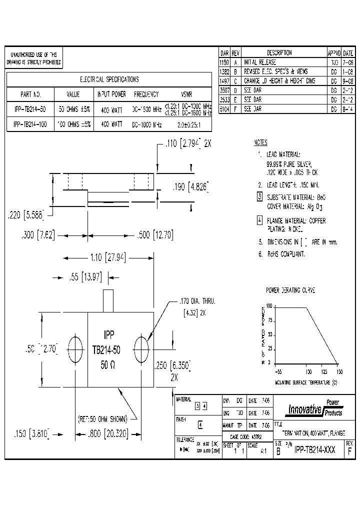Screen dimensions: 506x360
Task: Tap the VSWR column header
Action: (186, 94)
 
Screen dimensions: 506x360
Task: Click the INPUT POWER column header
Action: (111, 94)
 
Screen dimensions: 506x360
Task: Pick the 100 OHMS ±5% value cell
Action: (73, 124)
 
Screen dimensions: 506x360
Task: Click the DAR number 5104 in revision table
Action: (224, 108)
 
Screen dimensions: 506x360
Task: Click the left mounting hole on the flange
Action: (75, 348)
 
